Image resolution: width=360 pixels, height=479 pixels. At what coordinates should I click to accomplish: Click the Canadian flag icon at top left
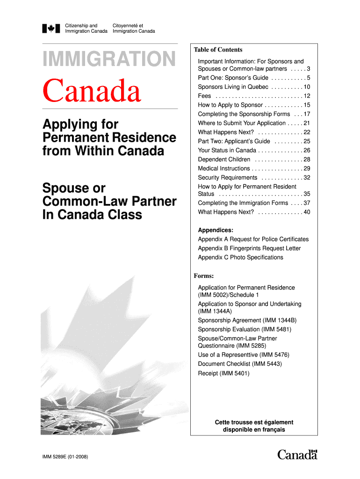coord(49,28)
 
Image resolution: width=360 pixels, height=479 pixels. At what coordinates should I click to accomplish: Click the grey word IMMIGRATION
coord(109,59)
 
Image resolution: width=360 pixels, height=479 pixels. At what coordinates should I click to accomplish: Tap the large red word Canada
coord(92,91)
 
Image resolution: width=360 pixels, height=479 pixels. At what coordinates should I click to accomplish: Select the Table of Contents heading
coord(218,50)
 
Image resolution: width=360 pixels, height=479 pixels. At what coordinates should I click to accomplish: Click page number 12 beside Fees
coord(307,96)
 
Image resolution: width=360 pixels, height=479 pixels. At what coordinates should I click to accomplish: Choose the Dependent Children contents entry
coord(224,160)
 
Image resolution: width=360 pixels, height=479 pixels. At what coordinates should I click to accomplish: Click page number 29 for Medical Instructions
coord(307,168)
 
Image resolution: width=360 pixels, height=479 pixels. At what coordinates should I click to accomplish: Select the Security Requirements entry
coord(228,178)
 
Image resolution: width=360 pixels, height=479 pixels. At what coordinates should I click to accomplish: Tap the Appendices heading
coord(216,230)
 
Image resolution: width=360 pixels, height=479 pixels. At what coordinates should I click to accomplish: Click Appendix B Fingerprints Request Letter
coord(249,248)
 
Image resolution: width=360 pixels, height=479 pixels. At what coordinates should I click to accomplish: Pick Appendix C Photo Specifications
coord(240,257)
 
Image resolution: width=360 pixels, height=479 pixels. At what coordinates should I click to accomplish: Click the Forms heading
coord(204,276)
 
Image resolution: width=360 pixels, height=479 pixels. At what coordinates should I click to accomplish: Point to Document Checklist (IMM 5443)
coord(240,363)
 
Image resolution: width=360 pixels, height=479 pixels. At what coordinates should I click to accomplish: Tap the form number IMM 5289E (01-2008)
coord(69,456)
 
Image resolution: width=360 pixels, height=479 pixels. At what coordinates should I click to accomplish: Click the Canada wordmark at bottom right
coord(297,454)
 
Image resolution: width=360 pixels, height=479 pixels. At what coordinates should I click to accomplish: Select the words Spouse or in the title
coord(74,189)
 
